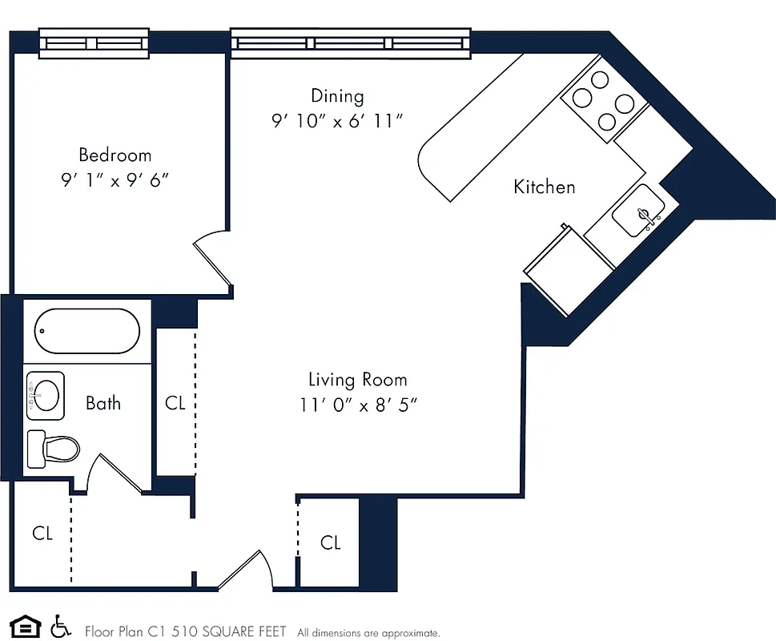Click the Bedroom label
[115, 155]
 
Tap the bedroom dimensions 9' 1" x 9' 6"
[115, 180]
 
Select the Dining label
[337, 96]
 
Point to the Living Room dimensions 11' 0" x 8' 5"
[359, 405]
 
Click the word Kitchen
[545, 187]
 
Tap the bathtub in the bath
[87, 331]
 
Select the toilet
[54, 448]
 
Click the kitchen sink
[637, 212]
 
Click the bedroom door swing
[211, 252]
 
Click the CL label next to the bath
[175, 403]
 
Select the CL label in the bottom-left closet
[42, 533]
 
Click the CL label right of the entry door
[331, 543]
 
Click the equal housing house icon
[24, 626]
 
